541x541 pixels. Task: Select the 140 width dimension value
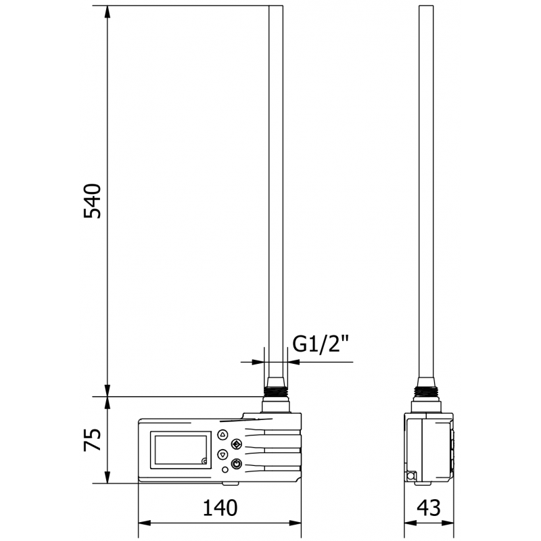click(219, 507)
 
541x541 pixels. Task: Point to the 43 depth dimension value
click(429, 507)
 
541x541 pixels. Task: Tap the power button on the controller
click(236, 463)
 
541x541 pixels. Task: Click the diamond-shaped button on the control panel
click(236, 444)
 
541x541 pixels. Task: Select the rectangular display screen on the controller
click(181, 450)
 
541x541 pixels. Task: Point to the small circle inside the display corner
click(204, 462)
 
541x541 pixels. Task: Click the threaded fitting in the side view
click(426, 390)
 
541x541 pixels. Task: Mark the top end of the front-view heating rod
click(275, 8)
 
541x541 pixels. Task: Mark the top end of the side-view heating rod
click(426, 8)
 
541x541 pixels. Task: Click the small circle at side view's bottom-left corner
click(409, 476)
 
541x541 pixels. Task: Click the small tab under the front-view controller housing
click(231, 483)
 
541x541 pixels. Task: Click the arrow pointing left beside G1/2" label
click(293, 362)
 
